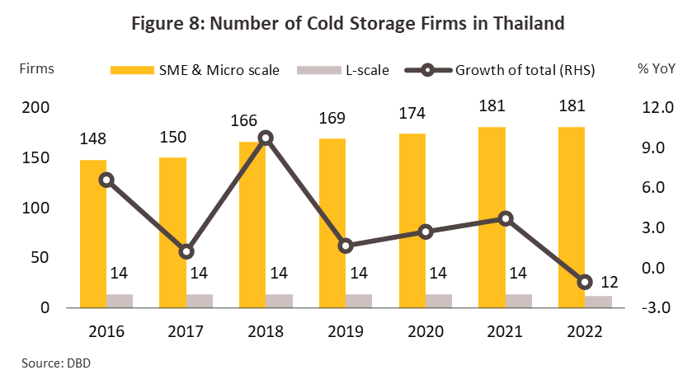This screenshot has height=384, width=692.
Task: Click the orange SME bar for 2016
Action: pyautogui.click(x=93, y=233)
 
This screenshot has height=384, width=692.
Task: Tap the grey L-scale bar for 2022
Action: pyautogui.click(x=599, y=302)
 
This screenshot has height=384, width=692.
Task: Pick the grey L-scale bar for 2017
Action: pyautogui.click(x=200, y=301)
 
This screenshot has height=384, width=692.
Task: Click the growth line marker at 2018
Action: pyautogui.click(x=266, y=138)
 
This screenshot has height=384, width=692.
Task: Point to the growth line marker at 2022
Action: pyautogui.click(x=586, y=282)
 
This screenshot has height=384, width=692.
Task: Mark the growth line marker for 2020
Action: pyautogui.click(x=426, y=232)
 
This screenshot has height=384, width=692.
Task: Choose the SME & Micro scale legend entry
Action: pyautogui.click(x=197, y=69)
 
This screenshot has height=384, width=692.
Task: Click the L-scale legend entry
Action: pyautogui.click(x=354, y=69)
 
